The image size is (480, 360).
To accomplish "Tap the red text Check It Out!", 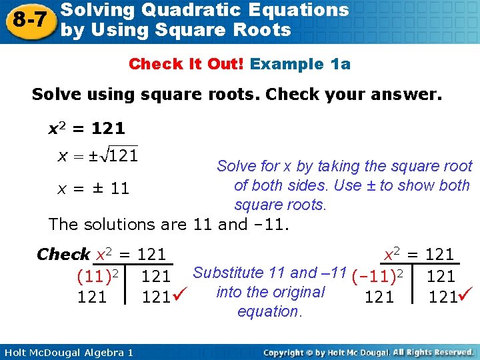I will (x=187, y=64).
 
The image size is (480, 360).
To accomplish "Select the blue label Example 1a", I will (x=300, y=64).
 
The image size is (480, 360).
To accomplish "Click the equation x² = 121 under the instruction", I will (x=87, y=127).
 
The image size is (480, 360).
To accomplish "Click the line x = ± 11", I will (x=93, y=189).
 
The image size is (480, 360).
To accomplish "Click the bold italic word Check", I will (x=63, y=254).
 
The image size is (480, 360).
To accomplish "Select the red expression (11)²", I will (x=98, y=275).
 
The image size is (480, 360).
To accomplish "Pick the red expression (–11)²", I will (x=377, y=275).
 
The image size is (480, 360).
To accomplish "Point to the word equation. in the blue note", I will (x=269, y=311).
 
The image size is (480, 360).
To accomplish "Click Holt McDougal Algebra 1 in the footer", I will (x=67, y=352).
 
